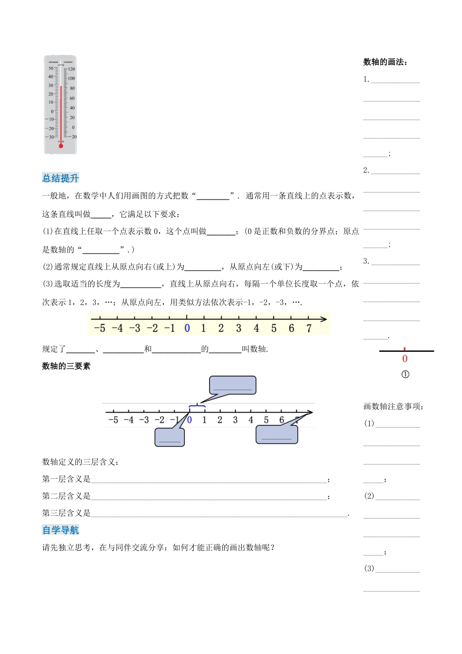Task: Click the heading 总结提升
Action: pos(60,178)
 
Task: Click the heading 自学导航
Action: pos(60,530)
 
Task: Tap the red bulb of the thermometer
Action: pos(61,145)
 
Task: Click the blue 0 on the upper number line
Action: pos(187,328)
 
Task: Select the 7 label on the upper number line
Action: pos(309,328)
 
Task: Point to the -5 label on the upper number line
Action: pos(99,328)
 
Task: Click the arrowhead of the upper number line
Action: pos(323,319)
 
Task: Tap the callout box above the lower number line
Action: pos(232,385)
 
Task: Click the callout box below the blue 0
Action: pos(169,436)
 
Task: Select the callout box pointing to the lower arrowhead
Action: pos(277,434)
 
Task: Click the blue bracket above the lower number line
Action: pos(196,405)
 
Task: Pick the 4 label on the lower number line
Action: pos(251,420)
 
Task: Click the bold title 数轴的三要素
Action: pos(66,366)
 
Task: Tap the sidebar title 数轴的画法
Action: pos(385,62)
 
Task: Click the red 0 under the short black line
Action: pos(405,359)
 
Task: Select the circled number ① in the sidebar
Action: pos(405,374)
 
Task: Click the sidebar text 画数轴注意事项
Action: pos(393,406)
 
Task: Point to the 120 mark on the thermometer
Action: pos(71,69)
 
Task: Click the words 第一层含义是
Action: pos(66,479)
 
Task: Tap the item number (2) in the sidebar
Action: pos(369,496)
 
